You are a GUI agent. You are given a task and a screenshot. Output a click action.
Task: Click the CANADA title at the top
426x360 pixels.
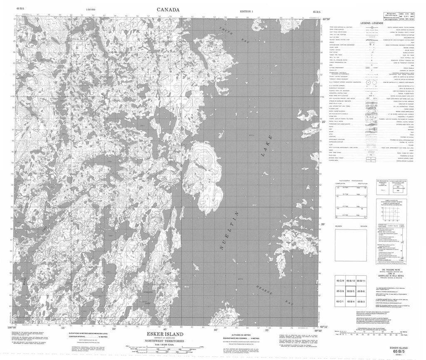click(168, 9)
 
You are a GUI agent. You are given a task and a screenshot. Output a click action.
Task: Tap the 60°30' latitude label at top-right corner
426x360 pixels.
click(324, 19)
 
